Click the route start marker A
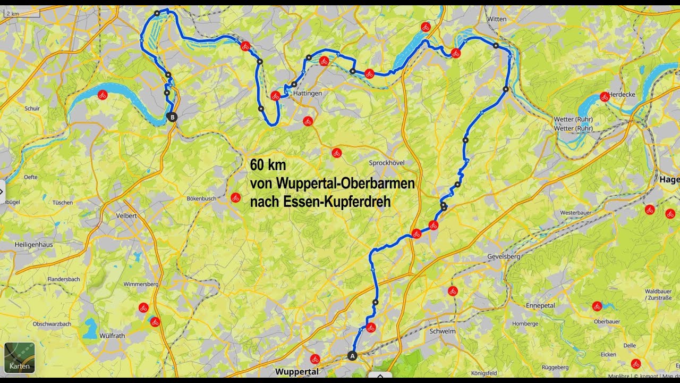click(x=352, y=355)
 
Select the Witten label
click(x=497, y=19)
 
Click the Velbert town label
click(x=126, y=216)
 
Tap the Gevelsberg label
click(x=503, y=257)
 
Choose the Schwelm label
click(x=441, y=331)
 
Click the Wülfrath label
click(x=112, y=336)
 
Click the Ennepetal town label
click(x=540, y=306)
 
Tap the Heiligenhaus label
click(x=34, y=244)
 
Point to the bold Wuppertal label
click(x=296, y=371)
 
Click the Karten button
click(x=20, y=357)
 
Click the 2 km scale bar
click(x=21, y=13)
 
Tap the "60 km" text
click(x=268, y=165)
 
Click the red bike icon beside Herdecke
click(x=604, y=97)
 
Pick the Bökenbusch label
click(x=201, y=198)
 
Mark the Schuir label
click(x=32, y=109)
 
